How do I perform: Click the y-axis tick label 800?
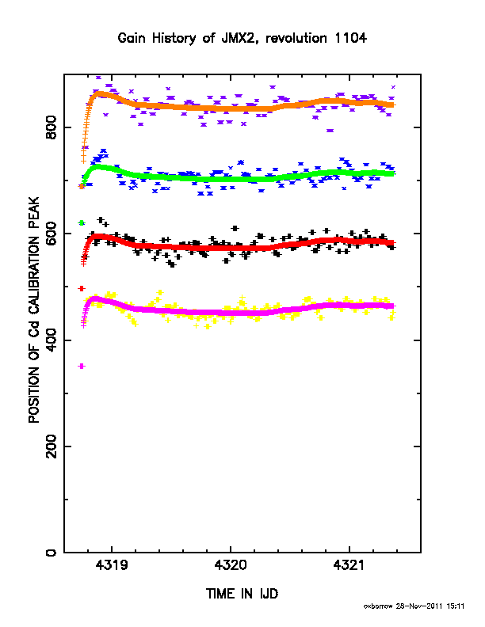tap(52, 127)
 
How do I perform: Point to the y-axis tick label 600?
tap(52, 234)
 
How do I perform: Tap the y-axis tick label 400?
tap(52, 340)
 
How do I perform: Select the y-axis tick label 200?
tap(52, 446)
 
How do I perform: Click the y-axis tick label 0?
tap(52, 553)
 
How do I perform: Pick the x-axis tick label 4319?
tap(112, 565)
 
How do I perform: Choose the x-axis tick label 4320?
tap(231, 565)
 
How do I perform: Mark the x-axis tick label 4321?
tap(349, 565)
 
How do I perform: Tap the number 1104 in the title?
tap(351, 38)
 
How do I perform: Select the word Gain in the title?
tap(132, 38)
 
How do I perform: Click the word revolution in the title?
tap(296, 38)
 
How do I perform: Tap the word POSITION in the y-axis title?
tap(33, 393)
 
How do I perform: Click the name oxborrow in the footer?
tap(378, 606)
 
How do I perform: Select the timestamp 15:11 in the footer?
tap(456, 606)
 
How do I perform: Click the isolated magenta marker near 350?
tap(82, 366)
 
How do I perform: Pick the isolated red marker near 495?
tap(82, 288)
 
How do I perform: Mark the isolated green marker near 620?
tap(82, 222)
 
